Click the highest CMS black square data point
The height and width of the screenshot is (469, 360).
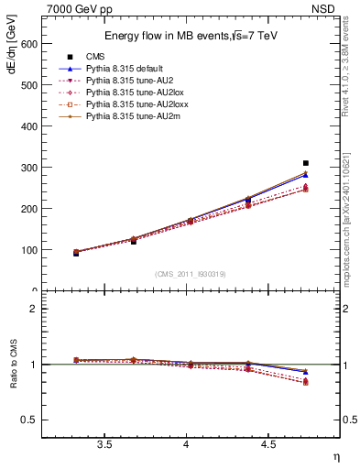pyautogui.click(x=306, y=163)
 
